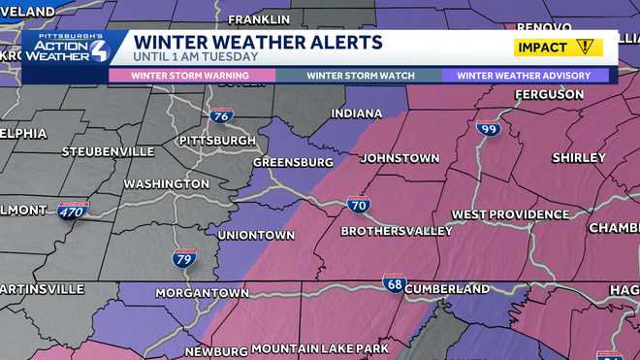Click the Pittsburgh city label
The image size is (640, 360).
[x=217, y=141]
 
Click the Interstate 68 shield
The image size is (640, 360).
[x=394, y=281]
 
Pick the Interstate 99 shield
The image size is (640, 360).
[x=487, y=128]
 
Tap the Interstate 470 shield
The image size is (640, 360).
[x=73, y=211]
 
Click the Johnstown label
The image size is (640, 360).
[x=400, y=158]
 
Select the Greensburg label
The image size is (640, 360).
[x=292, y=162]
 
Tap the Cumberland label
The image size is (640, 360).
[x=446, y=289]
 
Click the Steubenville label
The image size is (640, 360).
[x=108, y=151]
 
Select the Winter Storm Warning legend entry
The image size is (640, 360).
[x=191, y=76]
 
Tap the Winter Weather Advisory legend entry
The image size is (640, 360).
[x=526, y=76]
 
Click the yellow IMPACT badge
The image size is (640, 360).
[x=558, y=47]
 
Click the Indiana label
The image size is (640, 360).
[x=356, y=114]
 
